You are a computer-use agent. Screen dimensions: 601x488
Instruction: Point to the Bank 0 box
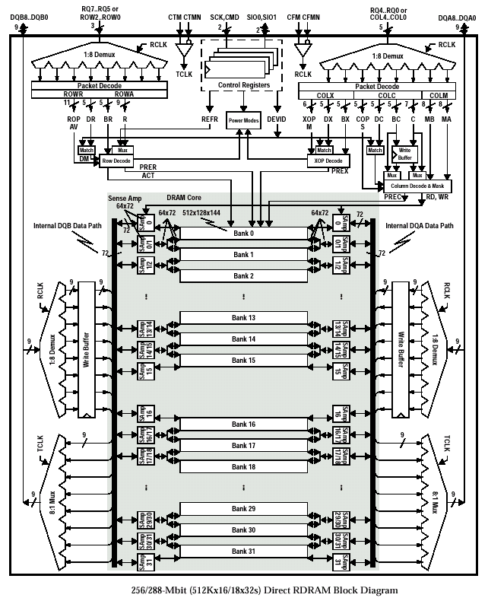tap(244, 232)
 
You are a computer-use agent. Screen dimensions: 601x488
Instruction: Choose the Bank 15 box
tap(244, 360)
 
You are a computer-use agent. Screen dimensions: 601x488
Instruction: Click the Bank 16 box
tap(244, 424)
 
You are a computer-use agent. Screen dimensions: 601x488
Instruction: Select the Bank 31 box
tap(244, 550)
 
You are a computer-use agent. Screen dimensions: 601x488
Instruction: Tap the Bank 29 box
tap(244, 507)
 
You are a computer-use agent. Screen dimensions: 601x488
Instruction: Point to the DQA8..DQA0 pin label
tap(457, 17)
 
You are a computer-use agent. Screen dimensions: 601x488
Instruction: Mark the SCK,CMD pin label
tap(224, 16)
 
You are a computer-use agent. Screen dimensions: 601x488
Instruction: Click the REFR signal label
tap(210, 119)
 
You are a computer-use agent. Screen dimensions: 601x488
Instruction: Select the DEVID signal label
tap(277, 119)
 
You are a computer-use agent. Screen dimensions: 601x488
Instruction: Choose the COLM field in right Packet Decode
tap(439, 95)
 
